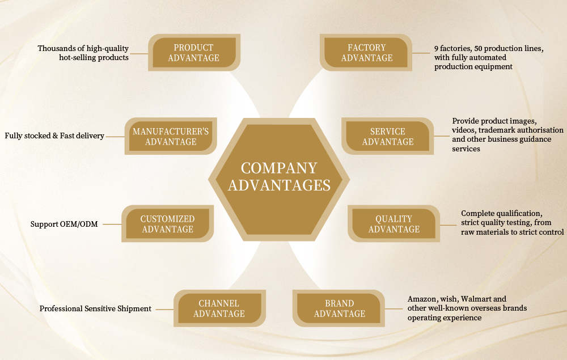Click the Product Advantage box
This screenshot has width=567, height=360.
tap(194, 53)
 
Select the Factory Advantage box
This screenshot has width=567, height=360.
tap(367, 53)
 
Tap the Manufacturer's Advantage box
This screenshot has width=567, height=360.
tap(171, 137)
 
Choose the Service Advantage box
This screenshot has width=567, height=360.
tap(388, 137)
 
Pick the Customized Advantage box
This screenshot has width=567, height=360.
tap(167, 224)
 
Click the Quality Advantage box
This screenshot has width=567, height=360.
tap(394, 224)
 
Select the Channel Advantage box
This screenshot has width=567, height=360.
tap(219, 308)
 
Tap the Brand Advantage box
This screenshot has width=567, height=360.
tap(340, 308)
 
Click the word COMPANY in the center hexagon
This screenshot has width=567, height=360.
tap(279, 168)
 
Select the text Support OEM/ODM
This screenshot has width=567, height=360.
tap(64, 225)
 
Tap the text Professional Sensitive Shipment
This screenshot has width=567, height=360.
tap(95, 309)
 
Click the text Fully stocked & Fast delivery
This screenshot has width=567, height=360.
tap(54, 136)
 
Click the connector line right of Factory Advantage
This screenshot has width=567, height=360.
tap(421, 53)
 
